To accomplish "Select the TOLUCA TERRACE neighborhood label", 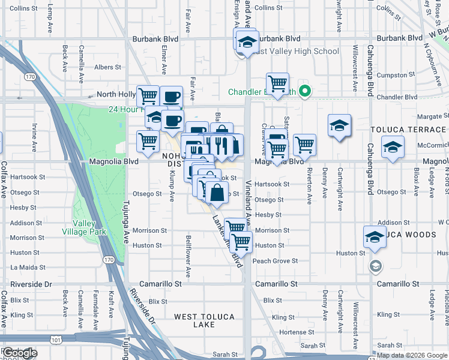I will click(408, 130).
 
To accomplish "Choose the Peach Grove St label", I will click(275, 261).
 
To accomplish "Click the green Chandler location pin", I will click(305, 92).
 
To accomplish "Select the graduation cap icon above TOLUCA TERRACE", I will click(339, 125).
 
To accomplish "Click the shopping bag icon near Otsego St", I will click(217, 193).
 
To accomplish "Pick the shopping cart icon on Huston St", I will click(241, 242).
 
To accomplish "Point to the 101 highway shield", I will click(56, 340).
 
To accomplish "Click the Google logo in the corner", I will click(19, 353).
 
